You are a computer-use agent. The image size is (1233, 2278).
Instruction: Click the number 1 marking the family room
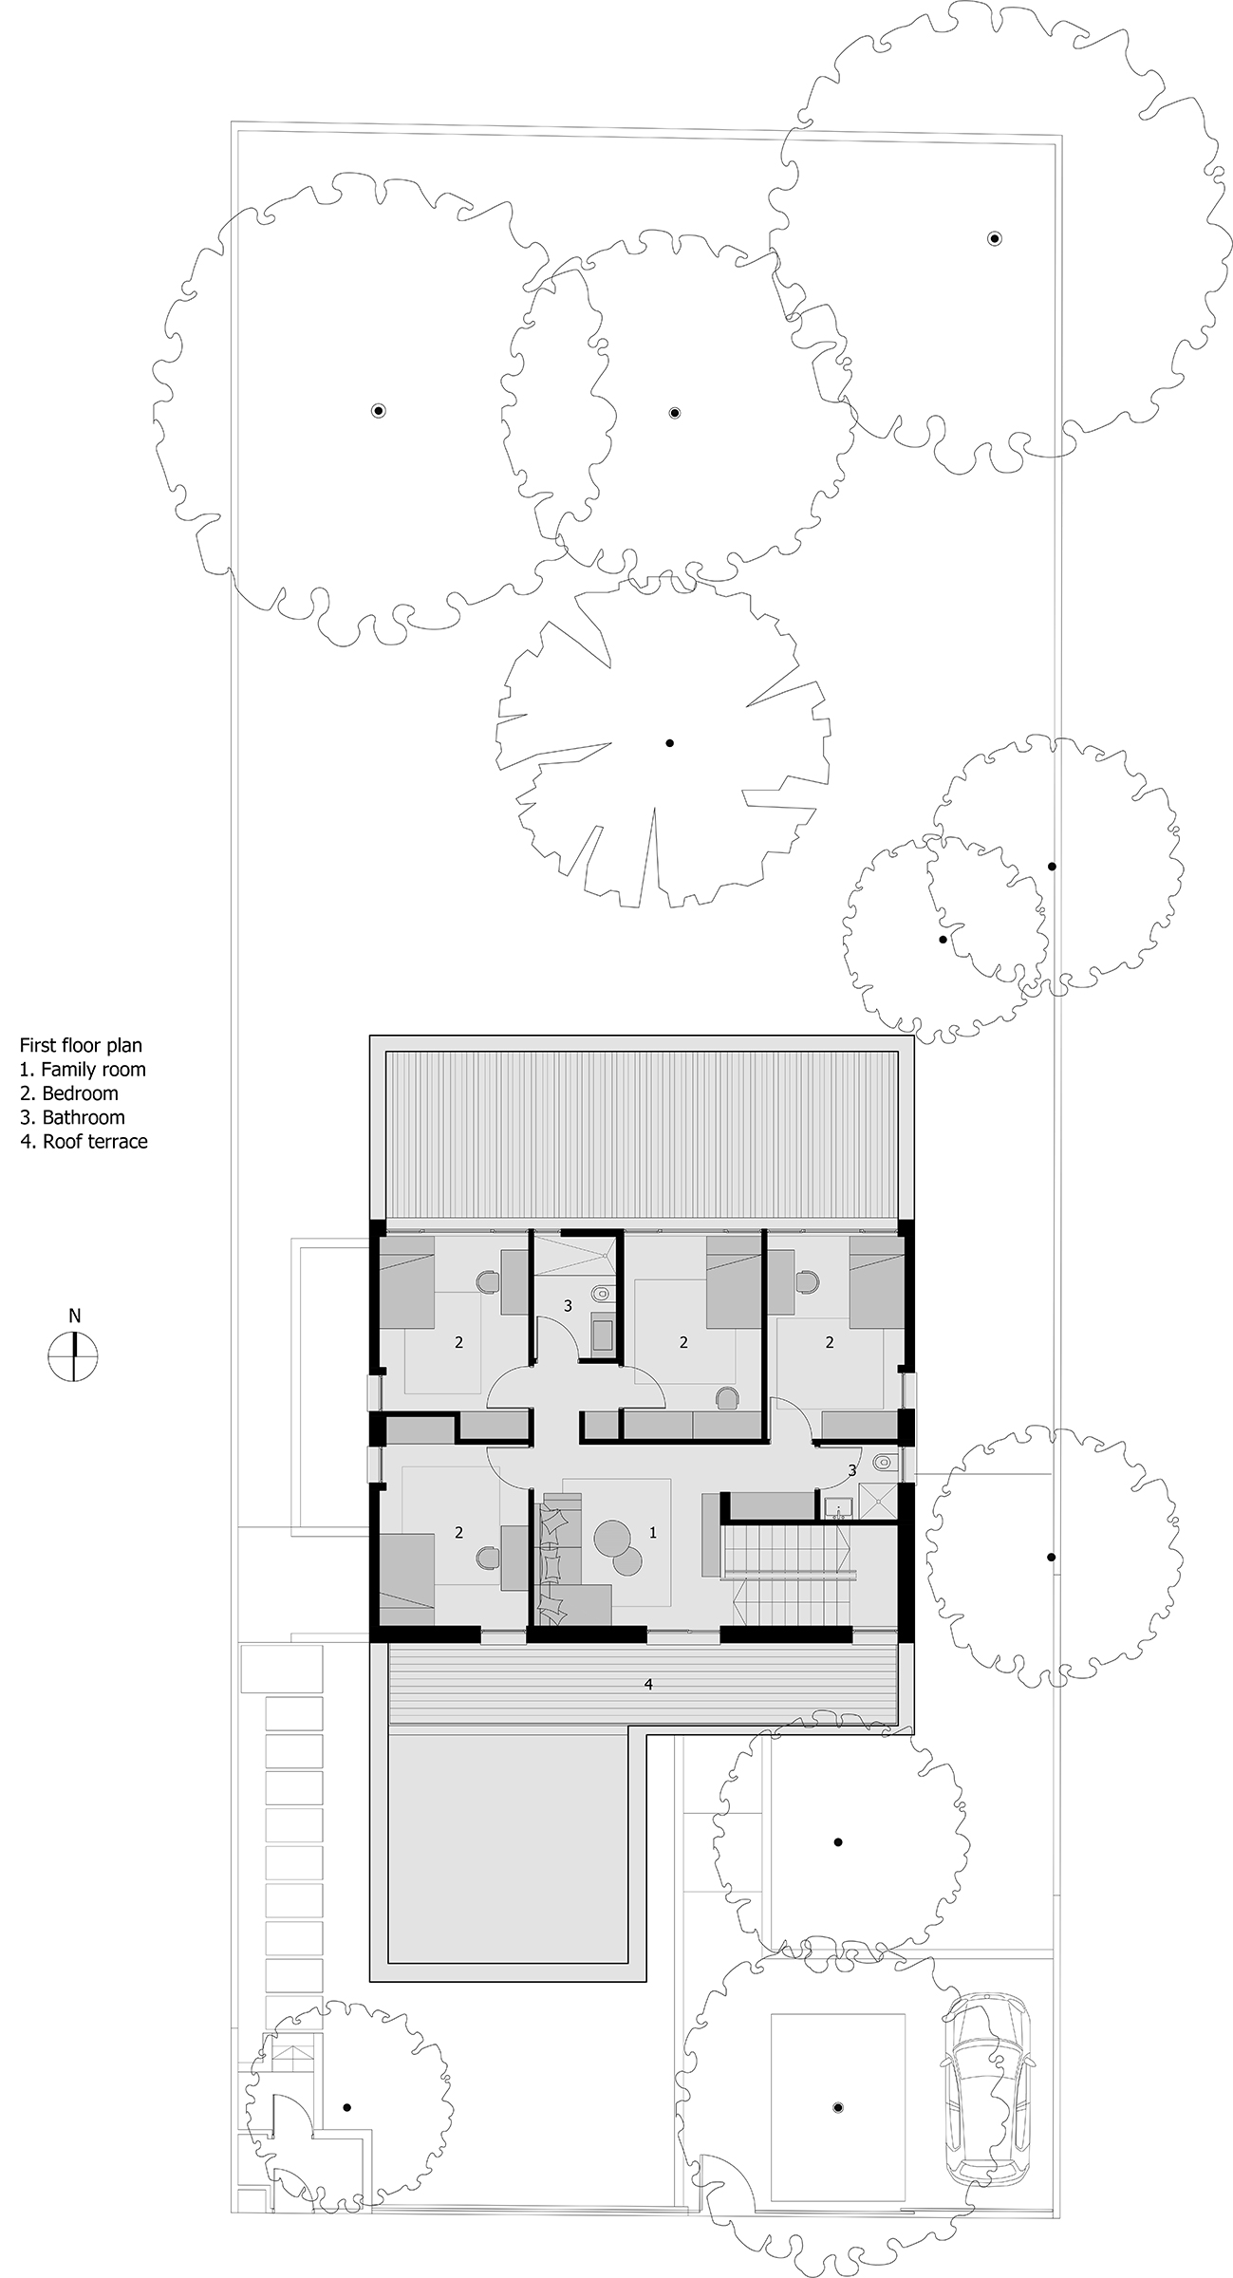pos(652,1532)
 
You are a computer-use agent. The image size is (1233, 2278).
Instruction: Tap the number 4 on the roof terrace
pos(648,1684)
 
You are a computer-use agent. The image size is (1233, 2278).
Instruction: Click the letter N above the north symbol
pos(74,1316)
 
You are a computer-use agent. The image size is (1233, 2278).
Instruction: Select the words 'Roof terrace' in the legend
pos(95,1142)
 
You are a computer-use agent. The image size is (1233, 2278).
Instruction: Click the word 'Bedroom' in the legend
pos(81,1093)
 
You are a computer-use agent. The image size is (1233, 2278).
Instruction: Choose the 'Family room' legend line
pos(84,1070)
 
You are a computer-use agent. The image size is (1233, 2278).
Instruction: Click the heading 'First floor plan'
pos(82,1045)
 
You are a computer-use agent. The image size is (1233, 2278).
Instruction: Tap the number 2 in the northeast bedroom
pos(830,1342)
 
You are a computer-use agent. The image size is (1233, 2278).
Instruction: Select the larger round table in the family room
pos(612,1536)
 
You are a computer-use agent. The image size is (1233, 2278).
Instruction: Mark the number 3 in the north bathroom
pos(568,1306)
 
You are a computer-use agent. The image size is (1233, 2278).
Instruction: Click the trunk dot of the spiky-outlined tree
pos(669,743)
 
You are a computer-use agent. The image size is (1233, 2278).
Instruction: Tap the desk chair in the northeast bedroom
pos(808,1283)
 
